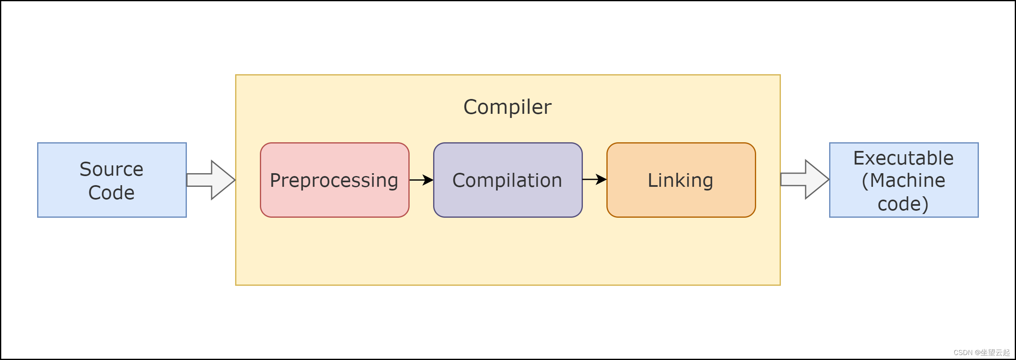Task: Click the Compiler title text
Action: coord(507,107)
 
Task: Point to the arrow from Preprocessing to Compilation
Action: coord(421,180)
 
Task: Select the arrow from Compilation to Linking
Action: coord(594,179)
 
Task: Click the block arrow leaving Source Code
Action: coord(211,180)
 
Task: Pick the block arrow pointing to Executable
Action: coord(804,179)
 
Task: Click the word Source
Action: coord(111,169)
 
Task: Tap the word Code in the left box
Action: coord(111,193)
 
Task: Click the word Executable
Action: coord(903,158)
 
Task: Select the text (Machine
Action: coord(903,181)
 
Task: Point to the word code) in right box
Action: coord(903,204)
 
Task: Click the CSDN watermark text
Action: coord(963,353)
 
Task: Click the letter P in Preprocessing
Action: coord(275,180)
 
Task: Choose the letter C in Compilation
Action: coord(459,180)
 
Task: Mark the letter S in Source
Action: coord(85,169)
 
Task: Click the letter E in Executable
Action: coord(858,158)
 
